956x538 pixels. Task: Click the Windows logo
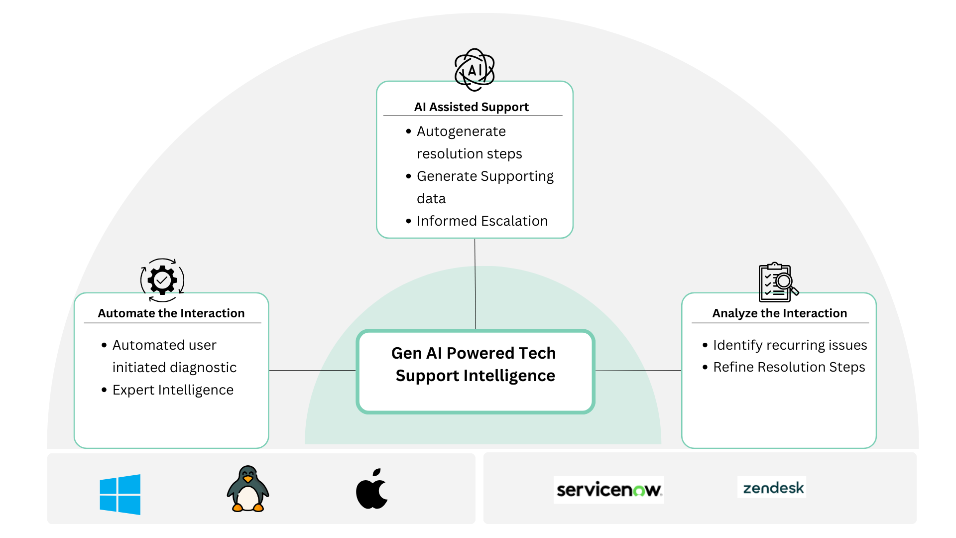pyautogui.click(x=120, y=494)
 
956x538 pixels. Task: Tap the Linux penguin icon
pyautogui.click(x=247, y=489)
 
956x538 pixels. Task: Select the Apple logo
pyautogui.click(x=372, y=489)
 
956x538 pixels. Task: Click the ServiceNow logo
pyautogui.click(x=608, y=490)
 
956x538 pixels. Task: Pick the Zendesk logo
pyautogui.click(x=772, y=488)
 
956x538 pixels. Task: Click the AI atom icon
pyautogui.click(x=475, y=70)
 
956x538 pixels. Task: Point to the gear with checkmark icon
pyautogui.click(x=162, y=280)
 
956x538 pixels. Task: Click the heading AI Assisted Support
pyautogui.click(x=471, y=107)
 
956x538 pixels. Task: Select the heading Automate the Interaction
pyautogui.click(x=171, y=313)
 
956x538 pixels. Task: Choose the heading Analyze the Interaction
pyautogui.click(x=779, y=313)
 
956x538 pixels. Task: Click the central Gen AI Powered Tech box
pyautogui.click(x=475, y=371)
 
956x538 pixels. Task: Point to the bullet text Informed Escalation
pyautogui.click(x=482, y=221)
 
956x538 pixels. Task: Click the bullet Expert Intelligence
pyautogui.click(x=173, y=390)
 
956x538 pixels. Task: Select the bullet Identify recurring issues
pyautogui.click(x=790, y=345)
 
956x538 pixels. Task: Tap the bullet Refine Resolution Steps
pyautogui.click(x=789, y=367)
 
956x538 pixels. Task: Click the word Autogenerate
pyautogui.click(x=461, y=132)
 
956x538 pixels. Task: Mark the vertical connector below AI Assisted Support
pyautogui.click(x=475, y=284)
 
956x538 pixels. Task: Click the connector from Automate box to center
pyautogui.click(x=312, y=371)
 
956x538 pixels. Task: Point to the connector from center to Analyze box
pyautogui.click(x=638, y=371)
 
